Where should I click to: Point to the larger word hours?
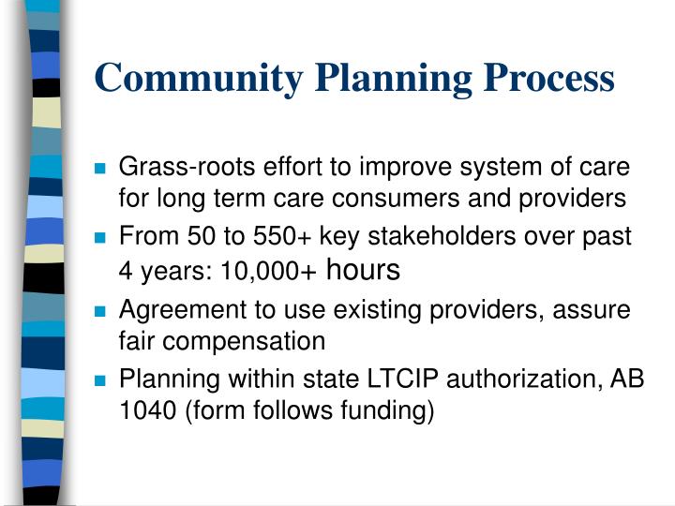click(362, 271)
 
